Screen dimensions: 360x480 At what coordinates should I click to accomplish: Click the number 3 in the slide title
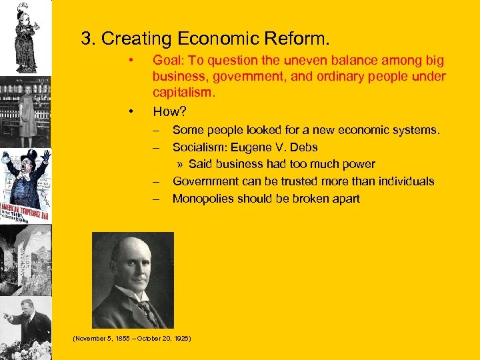[x=86, y=39]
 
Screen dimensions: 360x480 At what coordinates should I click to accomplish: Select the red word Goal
[x=167, y=61]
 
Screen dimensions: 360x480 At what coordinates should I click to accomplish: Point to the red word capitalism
[x=183, y=93]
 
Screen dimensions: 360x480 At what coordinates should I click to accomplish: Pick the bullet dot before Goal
[x=133, y=61]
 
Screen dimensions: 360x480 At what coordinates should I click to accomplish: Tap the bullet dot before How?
[x=133, y=111]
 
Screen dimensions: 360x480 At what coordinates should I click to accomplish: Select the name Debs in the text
[x=303, y=147]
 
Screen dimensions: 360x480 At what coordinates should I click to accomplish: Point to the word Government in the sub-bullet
[x=204, y=181]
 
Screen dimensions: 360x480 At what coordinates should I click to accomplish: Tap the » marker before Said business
[x=181, y=164]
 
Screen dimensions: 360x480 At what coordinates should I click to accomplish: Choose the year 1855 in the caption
[x=121, y=339]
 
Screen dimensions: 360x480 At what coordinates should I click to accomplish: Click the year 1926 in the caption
[x=181, y=339]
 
